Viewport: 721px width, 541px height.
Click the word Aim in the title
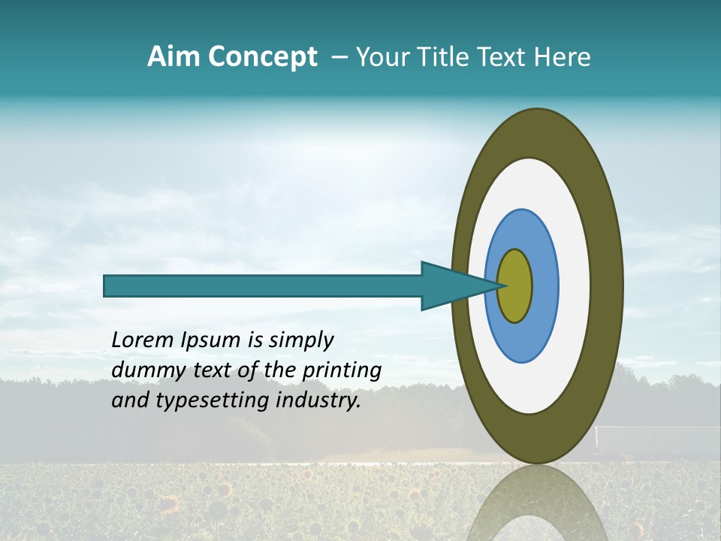point(173,57)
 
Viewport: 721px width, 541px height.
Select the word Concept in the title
point(261,57)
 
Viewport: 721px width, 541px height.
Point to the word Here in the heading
point(563,57)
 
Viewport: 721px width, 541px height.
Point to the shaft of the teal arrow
point(263,286)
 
